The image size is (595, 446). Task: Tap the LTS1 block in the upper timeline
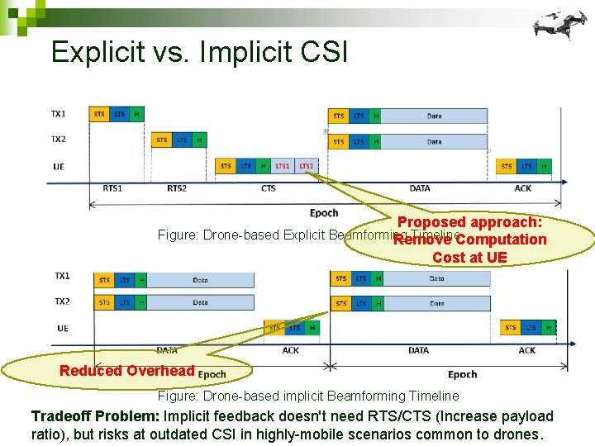283,166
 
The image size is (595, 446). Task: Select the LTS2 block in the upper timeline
306,166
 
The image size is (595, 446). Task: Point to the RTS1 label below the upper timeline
113,188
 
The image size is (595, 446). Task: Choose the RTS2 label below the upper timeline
177,188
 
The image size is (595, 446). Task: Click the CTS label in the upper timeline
269,188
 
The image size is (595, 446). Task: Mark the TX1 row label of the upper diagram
59,113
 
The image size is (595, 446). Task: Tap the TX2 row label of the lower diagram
63,301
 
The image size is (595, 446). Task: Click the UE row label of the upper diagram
59,166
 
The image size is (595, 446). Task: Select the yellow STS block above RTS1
99,114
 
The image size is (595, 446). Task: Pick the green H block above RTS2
199,140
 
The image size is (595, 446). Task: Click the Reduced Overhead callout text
126,371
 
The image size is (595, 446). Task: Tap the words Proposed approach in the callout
469,222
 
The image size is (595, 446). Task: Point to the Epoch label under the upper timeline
324,213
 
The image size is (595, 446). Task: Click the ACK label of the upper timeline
524,188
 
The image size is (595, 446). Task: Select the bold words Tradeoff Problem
95,416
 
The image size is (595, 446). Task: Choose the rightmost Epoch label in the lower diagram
463,374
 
